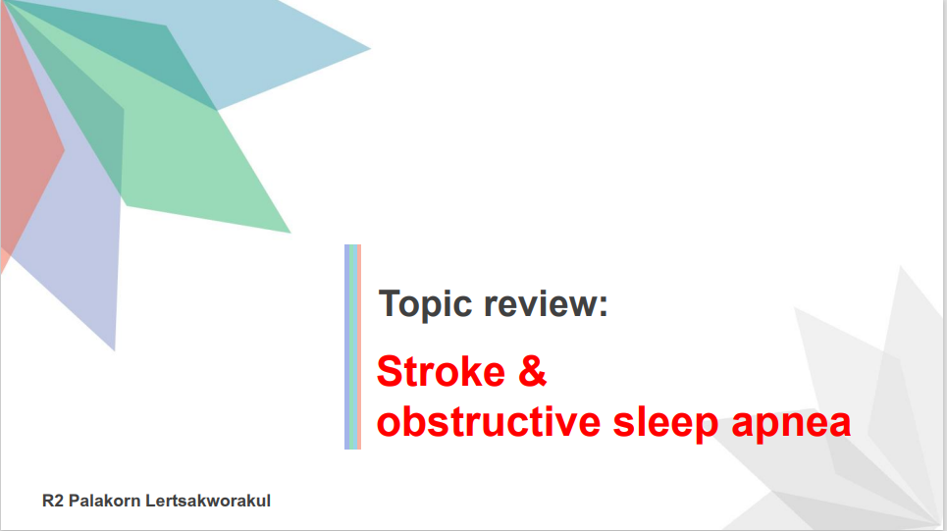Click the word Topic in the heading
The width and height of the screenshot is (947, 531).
pyautogui.click(x=425, y=304)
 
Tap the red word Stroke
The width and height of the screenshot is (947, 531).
pyautogui.click(x=441, y=371)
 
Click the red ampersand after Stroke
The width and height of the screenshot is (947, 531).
pyautogui.click(x=532, y=371)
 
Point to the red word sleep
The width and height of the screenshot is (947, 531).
pyautogui.click(x=665, y=424)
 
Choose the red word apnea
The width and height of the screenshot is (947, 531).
pyautogui.click(x=791, y=425)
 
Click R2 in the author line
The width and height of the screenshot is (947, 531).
pyautogui.click(x=53, y=501)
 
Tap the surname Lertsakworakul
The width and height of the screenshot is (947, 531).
pyautogui.click(x=208, y=501)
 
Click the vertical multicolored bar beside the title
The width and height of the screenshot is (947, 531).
pyautogui.click(x=352, y=346)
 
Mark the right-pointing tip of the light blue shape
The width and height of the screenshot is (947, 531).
pyautogui.click(x=370, y=49)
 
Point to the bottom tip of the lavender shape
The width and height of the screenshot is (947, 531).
pyautogui.click(x=114, y=350)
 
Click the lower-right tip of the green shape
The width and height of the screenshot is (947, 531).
pyautogui.click(x=290, y=233)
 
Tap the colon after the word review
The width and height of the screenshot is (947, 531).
pyautogui.click(x=603, y=306)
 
